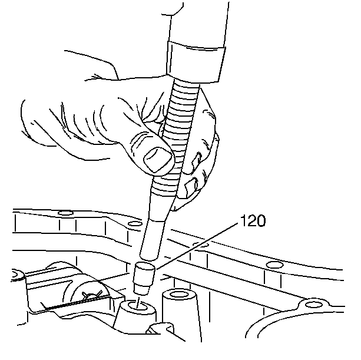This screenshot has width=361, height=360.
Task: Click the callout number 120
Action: pyautogui.click(x=253, y=220)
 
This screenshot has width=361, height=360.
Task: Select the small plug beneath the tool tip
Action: pyautogui.click(x=144, y=278)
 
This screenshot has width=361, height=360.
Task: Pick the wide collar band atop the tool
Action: pyautogui.click(x=196, y=62)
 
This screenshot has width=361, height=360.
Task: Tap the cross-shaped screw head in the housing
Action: pyautogui.click(x=92, y=296)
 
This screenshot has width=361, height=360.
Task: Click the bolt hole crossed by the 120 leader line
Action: pyautogui.click(x=201, y=245)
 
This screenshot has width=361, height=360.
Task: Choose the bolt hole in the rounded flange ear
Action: pyautogui.click(x=313, y=305)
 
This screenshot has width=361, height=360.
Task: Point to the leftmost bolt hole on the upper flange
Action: pyautogui.click(x=65, y=213)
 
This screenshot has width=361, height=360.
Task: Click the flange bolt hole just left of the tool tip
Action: pyautogui.click(x=135, y=224)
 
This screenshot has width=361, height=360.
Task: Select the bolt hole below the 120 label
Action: pyautogui.click(x=274, y=265)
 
